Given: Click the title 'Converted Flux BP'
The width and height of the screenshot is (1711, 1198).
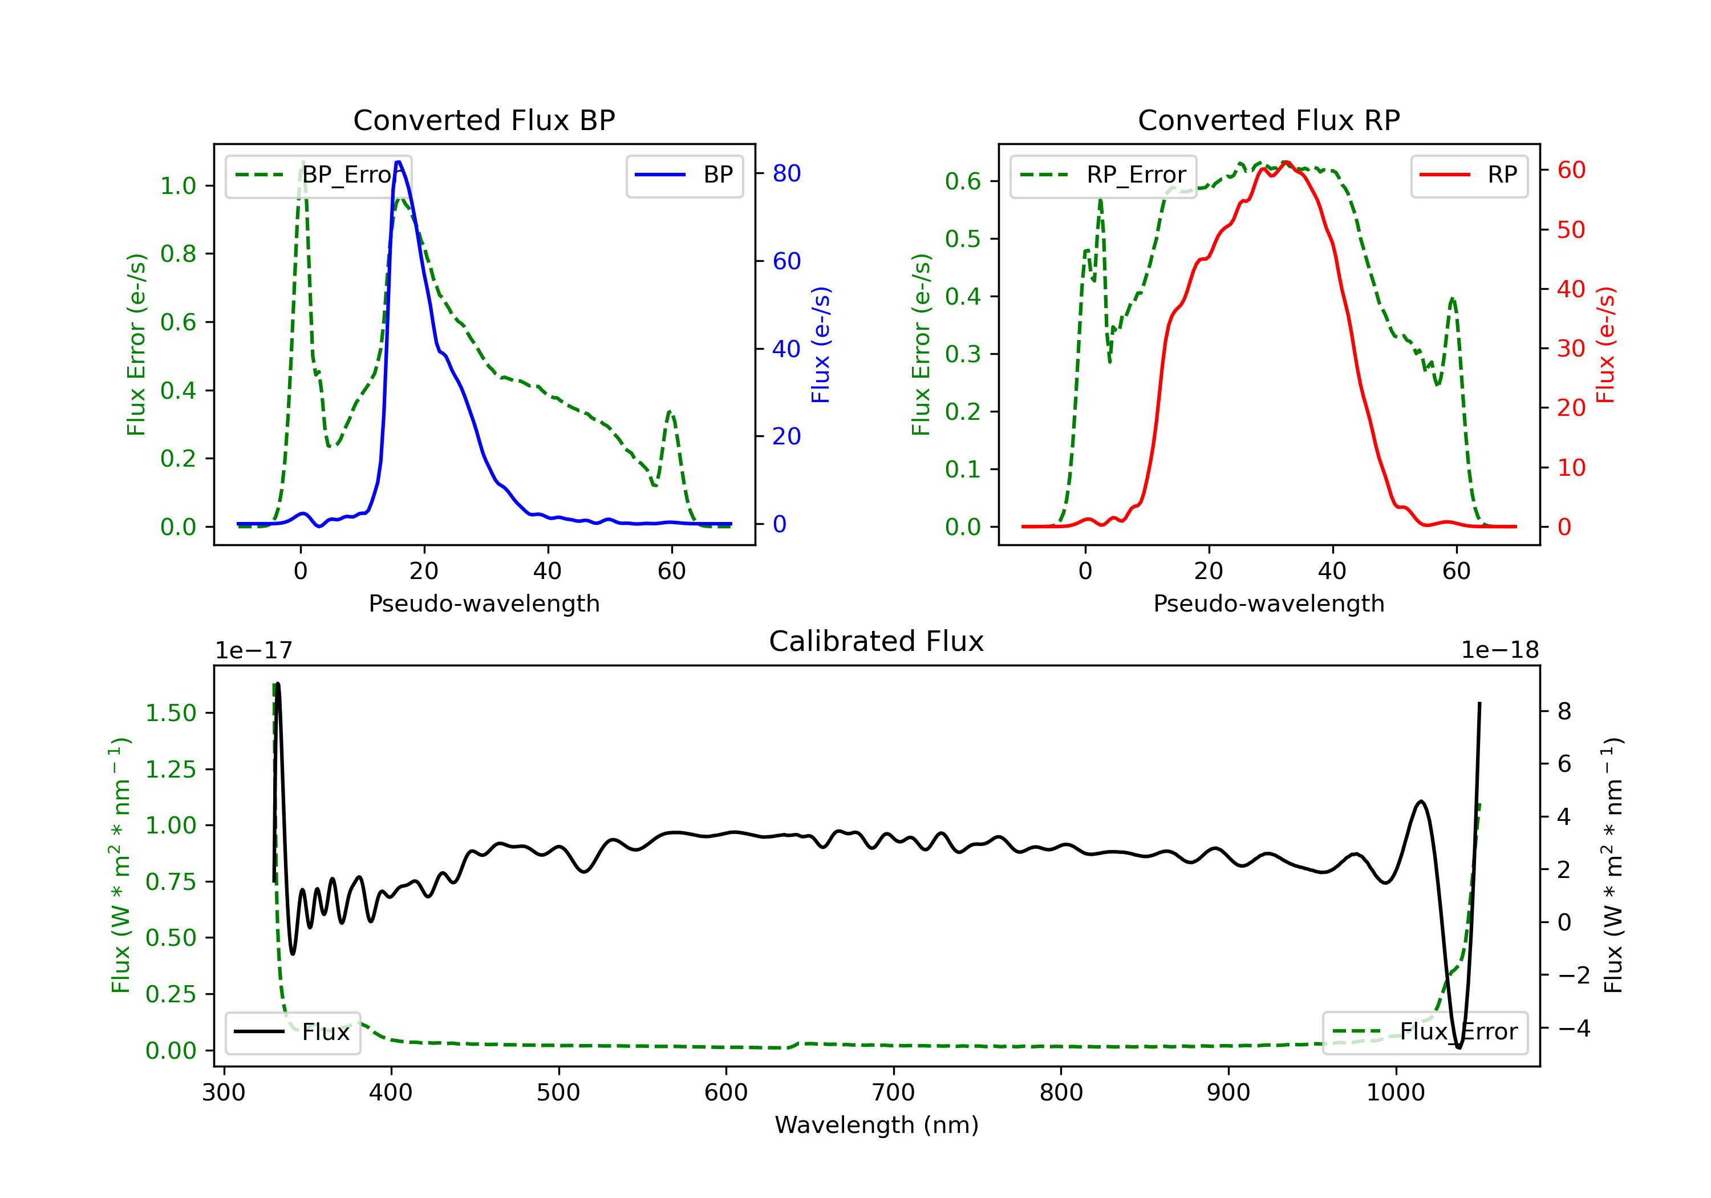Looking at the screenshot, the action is [x=484, y=120].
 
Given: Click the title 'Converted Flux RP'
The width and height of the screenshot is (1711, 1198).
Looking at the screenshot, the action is [x=1269, y=120].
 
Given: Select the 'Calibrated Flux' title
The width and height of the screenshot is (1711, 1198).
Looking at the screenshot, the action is [x=877, y=641].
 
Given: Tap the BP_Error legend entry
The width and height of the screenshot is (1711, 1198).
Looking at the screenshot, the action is [x=318, y=175].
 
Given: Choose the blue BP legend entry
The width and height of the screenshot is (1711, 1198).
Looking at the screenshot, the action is [x=684, y=175].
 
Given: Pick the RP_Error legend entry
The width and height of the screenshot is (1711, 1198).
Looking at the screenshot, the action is [x=1103, y=175].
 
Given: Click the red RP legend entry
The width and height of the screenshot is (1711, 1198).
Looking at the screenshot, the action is [x=1469, y=175].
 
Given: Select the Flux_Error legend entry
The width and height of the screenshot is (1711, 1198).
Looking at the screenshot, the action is [x=1425, y=1033].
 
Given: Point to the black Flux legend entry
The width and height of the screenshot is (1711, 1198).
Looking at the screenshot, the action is [x=292, y=1033].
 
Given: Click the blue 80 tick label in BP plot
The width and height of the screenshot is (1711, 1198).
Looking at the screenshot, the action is [x=786, y=173].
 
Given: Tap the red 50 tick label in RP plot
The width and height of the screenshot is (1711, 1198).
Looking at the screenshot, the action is [x=1571, y=229].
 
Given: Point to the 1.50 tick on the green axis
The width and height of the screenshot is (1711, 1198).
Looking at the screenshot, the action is [x=171, y=714].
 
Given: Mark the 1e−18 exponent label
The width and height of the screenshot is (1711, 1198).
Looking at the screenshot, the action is [x=1499, y=651].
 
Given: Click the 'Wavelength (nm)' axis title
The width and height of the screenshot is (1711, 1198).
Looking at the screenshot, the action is [x=877, y=1125].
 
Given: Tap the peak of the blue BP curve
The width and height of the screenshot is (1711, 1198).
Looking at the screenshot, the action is [x=399, y=162].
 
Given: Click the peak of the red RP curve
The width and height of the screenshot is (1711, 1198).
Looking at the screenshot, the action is [x=1286, y=162].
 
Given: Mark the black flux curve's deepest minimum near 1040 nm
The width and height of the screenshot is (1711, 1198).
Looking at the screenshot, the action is [x=1458, y=1047].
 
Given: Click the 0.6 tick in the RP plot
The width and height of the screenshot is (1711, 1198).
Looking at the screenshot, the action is [x=963, y=181].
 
